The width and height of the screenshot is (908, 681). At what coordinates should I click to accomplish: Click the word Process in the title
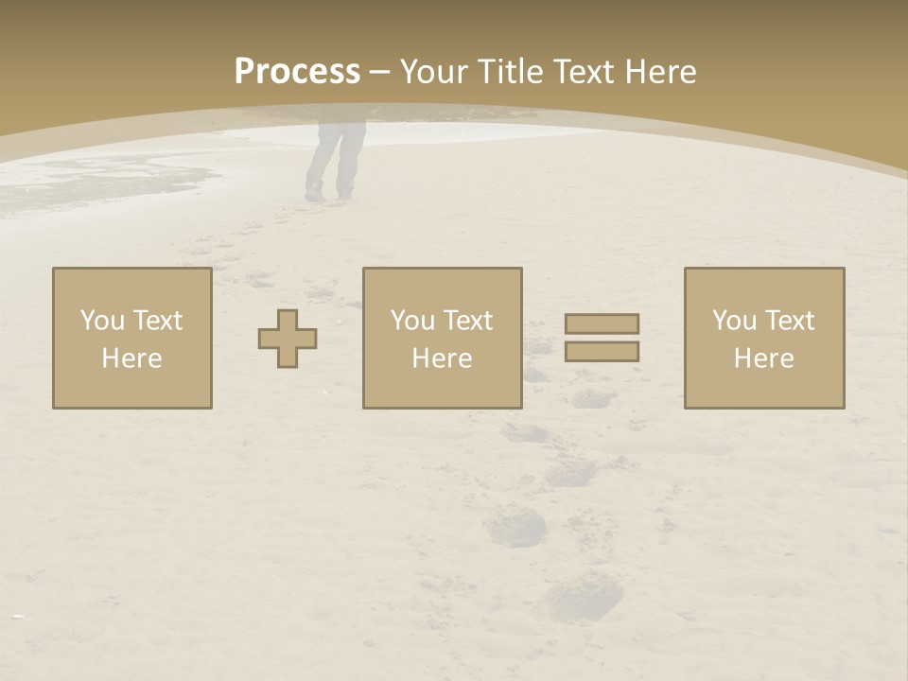click(x=297, y=72)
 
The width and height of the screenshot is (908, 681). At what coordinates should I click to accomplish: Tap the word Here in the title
click(x=661, y=72)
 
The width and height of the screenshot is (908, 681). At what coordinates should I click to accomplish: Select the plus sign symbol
click(x=288, y=339)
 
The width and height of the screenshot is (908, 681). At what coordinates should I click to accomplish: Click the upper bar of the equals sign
click(x=602, y=323)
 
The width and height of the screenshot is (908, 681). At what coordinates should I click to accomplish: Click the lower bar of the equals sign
click(x=602, y=352)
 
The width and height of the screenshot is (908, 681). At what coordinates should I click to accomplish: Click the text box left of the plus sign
click(x=132, y=339)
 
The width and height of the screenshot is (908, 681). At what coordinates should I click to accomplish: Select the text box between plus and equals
click(x=443, y=339)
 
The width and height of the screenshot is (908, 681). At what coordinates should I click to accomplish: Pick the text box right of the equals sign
click(x=764, y=339)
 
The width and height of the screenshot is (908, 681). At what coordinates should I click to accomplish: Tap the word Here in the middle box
click(x=443, y=358)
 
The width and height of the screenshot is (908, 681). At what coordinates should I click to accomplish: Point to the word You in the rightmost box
click(x=735, y=321)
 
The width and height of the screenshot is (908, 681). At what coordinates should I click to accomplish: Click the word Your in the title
click(x=434, y=72)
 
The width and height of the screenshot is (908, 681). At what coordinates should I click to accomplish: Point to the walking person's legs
click(x=334, y=156)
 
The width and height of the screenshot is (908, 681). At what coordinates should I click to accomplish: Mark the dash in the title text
click(x=379, y=72)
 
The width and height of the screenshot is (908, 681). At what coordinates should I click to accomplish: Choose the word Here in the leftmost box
click(x=132, y=358)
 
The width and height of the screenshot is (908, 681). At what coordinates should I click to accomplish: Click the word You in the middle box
click(x=413, y=321)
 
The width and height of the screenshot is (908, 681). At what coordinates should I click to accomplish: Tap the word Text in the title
click(x=585, y=72)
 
